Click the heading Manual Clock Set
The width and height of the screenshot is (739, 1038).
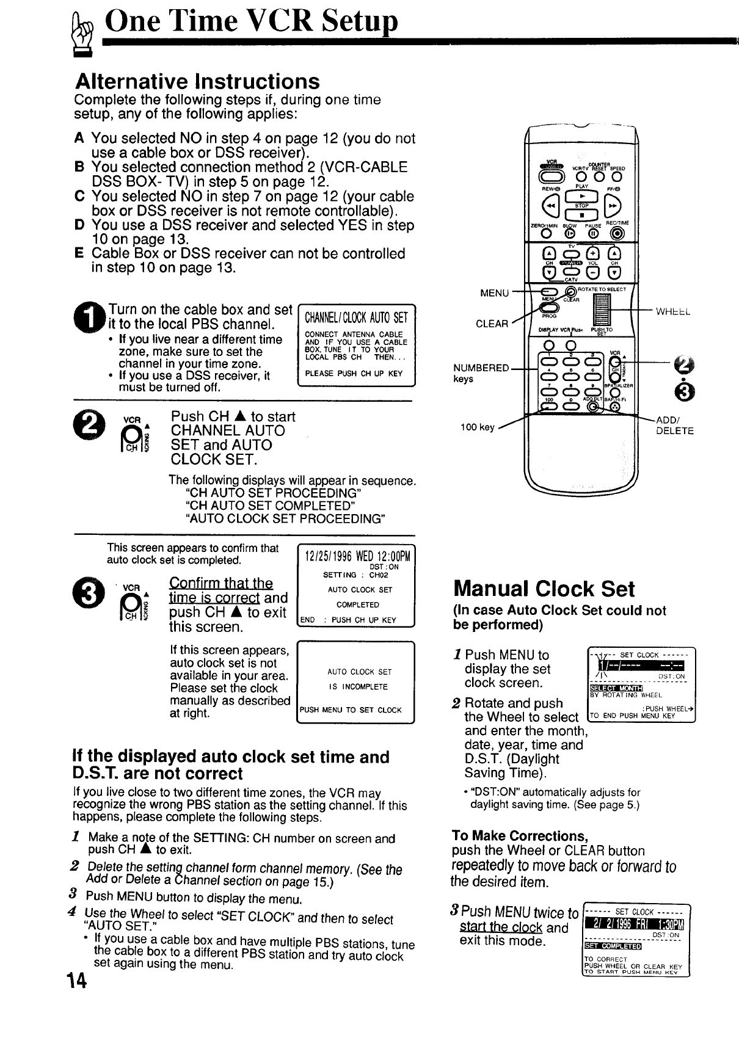coord(544,589)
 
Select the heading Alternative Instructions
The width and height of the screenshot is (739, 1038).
coord(197,81)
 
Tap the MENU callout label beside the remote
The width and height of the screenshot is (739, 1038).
coord(494,293)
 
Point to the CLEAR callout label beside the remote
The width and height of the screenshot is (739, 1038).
coord(492,324)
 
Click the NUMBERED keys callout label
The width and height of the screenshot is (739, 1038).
coord(481,373)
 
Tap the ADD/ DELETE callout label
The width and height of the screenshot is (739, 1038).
coord(674,426)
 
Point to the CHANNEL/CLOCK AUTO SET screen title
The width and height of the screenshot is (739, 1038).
coord(355,318)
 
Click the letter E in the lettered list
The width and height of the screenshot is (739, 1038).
coord(79,253)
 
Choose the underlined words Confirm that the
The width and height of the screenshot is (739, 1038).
coord(220,583)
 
